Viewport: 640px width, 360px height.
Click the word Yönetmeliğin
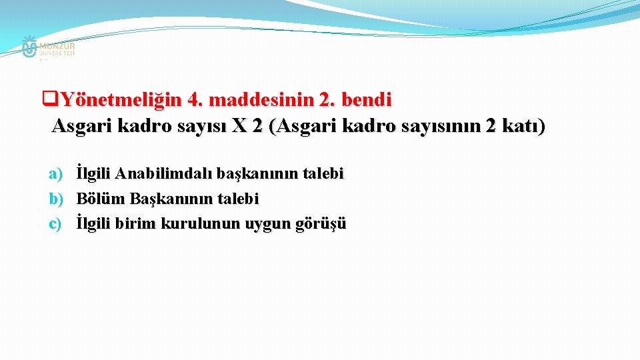point(117,101)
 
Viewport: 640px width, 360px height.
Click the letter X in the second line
point(238,125)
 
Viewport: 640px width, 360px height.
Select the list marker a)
point(55,175)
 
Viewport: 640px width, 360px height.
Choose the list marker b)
point(55,199)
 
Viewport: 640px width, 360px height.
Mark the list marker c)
point(55,223)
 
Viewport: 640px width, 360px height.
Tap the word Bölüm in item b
point(101,199)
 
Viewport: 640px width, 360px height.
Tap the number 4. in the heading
point(195,101)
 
